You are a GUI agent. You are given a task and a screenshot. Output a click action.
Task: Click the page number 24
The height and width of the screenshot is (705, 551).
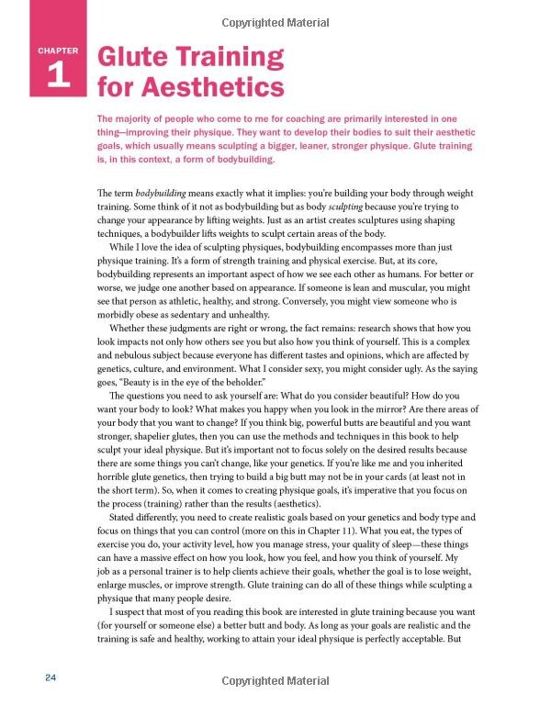(x=51, y=677)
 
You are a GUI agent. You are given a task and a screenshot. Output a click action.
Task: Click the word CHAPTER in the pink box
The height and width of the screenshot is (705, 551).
(x=57, y=50)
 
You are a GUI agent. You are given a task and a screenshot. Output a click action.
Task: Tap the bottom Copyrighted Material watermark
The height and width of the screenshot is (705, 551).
(x=275, y=683)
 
